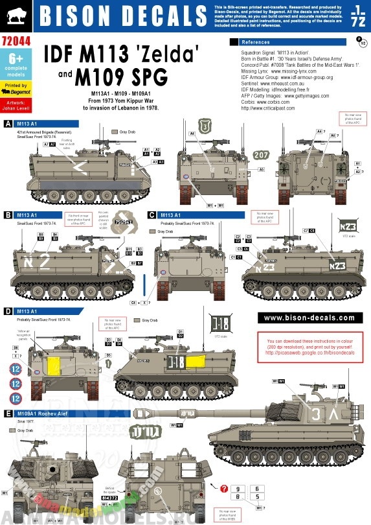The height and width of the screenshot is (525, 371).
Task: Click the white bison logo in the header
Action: [x=13, y=15]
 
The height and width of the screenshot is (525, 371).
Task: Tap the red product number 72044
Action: [x=14, y=40]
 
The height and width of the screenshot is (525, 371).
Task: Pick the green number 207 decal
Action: [x=260, y=155]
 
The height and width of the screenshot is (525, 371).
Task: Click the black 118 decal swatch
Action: [x=221, y=325]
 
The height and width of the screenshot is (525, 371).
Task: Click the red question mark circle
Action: [x=223, y=489]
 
